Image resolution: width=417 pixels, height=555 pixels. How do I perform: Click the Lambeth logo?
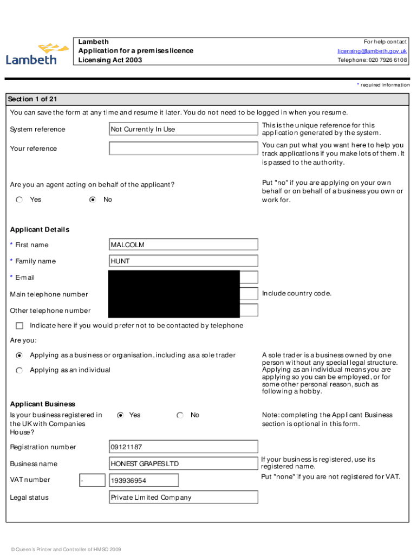[37, 54]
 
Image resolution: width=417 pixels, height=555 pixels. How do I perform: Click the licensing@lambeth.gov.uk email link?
[372, 51]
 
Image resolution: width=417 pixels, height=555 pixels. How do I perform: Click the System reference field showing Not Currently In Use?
[183, 129]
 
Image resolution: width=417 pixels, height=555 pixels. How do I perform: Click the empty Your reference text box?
[183, 149]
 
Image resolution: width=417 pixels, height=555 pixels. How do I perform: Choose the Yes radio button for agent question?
[19, 199]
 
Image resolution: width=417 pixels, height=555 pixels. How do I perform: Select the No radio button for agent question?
[93, 199]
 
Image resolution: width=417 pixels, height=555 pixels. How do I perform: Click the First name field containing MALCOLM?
[183, 244]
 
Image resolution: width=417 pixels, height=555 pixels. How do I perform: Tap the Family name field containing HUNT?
[183, 261]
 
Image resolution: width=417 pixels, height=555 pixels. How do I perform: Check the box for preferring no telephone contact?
[19, 326]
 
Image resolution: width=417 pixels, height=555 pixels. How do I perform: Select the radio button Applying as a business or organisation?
[19, 356]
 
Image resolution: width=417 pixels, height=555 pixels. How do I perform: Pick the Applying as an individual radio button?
[19, 370]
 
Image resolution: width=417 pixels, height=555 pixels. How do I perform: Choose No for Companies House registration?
[180, 415]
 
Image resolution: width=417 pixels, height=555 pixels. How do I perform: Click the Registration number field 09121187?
[183, 447]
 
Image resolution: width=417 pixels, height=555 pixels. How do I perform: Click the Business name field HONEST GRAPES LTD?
[183, 464]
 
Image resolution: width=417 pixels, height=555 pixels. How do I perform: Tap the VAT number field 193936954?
[144, 481]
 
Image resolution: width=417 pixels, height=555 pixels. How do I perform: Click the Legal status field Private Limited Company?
[183, 498]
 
